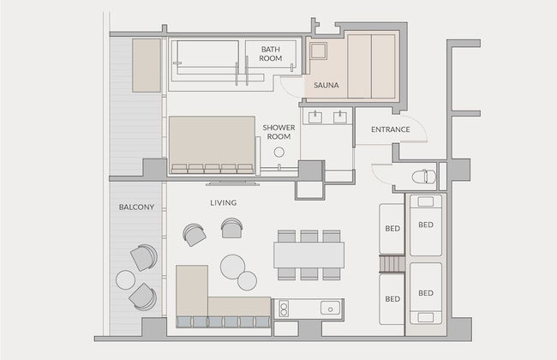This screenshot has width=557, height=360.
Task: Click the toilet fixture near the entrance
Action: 424,177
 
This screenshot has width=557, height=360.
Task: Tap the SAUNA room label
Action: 326,86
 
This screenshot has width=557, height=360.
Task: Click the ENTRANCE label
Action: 391,129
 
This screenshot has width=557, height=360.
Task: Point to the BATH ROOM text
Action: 270,54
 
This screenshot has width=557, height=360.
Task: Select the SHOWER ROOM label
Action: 278,132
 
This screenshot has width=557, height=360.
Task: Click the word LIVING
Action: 224,203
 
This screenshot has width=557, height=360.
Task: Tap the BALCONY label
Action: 136,207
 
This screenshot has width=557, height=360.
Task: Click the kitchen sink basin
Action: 331,308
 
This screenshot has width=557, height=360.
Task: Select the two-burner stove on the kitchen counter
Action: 284,309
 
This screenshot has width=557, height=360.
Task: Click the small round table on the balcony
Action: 125,279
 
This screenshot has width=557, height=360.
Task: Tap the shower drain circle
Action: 279,153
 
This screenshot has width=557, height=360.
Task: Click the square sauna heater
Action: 318,51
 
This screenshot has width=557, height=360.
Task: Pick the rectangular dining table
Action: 308,255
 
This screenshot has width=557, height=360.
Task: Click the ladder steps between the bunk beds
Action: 392,264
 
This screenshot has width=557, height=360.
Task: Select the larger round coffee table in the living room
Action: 232,267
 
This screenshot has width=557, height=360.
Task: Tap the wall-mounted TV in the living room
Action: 232,183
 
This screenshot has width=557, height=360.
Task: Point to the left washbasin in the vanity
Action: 314,117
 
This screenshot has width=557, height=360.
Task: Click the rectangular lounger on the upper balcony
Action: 147,65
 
